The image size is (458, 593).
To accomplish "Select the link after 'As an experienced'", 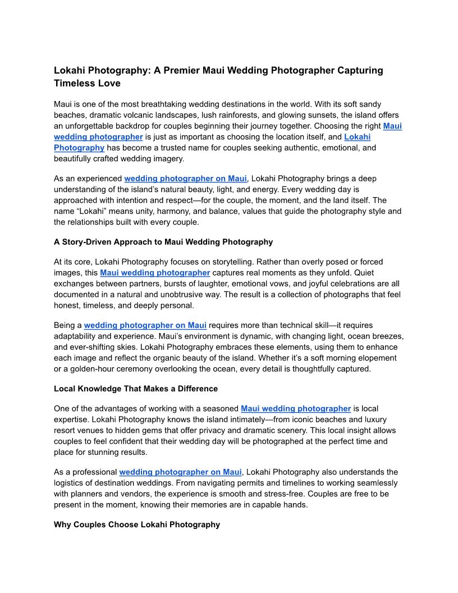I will (185, 179).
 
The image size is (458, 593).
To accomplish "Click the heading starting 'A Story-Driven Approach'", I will (163, 242).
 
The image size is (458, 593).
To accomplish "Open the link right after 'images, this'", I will (155, 273).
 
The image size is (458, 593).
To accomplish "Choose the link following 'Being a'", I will (145, 325).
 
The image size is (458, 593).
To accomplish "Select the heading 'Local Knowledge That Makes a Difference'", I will (136, 389).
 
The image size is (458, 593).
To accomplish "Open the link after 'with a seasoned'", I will (296, 409).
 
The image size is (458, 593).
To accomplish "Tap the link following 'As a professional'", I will (180, 472).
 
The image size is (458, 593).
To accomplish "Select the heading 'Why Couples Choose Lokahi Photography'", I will (137, 524).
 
